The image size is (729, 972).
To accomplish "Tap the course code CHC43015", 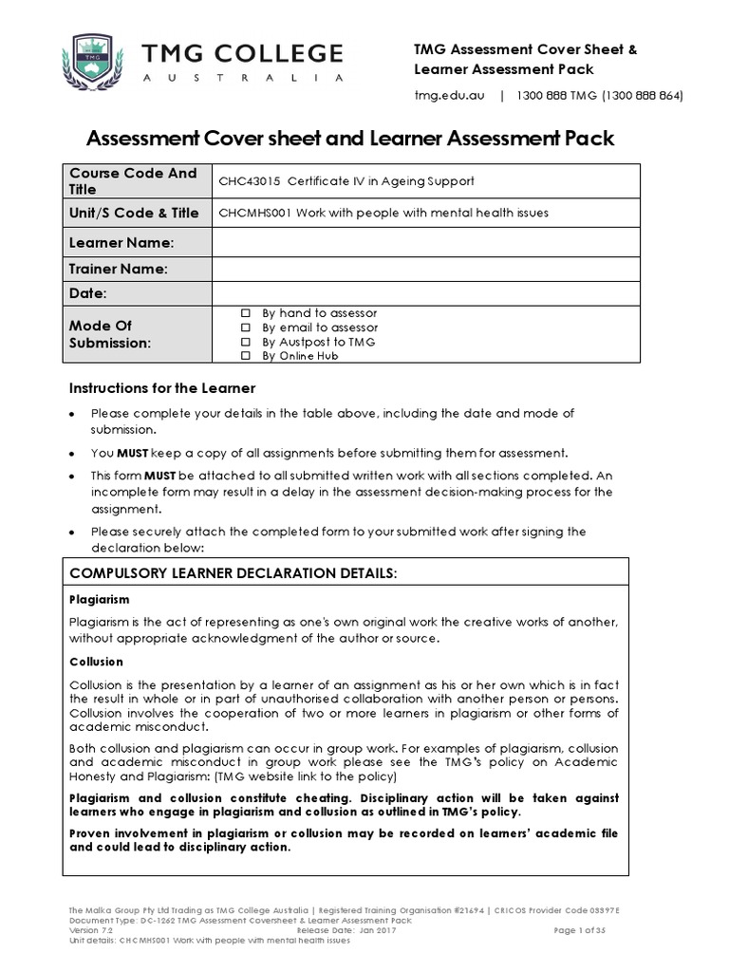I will tap(251, 181).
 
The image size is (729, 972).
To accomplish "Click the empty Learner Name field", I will tap(420, 244).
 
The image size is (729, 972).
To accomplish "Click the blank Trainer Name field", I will tap(420, 270).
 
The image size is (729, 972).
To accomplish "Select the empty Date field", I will tap(420, 294).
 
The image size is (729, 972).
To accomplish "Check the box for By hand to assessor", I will tap(246, 313).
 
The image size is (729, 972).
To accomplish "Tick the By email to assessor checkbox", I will tap(246, 327).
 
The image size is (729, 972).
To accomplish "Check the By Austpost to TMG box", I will tap(246, 342).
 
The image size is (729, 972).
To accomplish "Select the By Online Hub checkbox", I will tap(246, 356).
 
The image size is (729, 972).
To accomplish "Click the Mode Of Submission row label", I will tap(110, 334).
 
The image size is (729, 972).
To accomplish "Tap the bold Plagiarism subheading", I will tap(100, 600).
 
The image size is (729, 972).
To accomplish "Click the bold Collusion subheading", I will tap(97, 662).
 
